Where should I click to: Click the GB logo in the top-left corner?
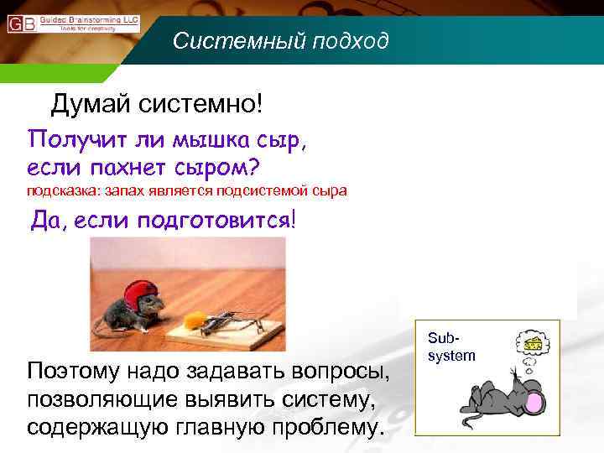[22, 23]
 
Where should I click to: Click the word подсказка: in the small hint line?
[62, 190]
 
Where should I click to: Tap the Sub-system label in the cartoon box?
[451, 347]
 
